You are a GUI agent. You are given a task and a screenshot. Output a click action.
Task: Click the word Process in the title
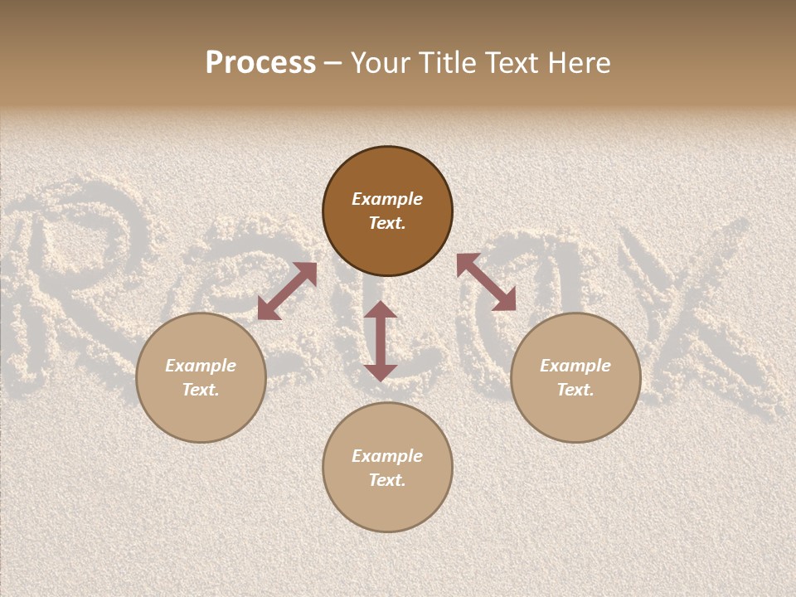click(x=260, y=63)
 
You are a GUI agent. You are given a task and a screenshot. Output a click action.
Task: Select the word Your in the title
click(x=382, y=63)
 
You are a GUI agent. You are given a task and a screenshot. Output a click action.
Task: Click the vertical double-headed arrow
click(x=380, y=341)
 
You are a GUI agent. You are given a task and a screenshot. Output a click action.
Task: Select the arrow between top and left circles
click(x=287, y=291)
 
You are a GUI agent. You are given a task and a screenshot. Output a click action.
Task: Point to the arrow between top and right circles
click(x=486, y=282)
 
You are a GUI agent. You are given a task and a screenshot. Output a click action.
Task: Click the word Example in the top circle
click(x=387, y=199)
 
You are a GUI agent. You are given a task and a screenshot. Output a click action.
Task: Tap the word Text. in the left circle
click(x=201, y=390)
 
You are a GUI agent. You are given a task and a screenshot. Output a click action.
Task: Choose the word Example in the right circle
click(x=575, y=366)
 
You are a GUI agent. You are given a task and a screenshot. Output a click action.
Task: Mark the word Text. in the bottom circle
click(x=387, y=480)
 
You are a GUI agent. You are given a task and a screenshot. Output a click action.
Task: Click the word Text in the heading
click(x=511, y=63)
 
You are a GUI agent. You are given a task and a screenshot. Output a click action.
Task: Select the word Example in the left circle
click(x=201, y=366)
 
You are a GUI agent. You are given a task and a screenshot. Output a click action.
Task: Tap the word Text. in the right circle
click(x=575, y=390)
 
